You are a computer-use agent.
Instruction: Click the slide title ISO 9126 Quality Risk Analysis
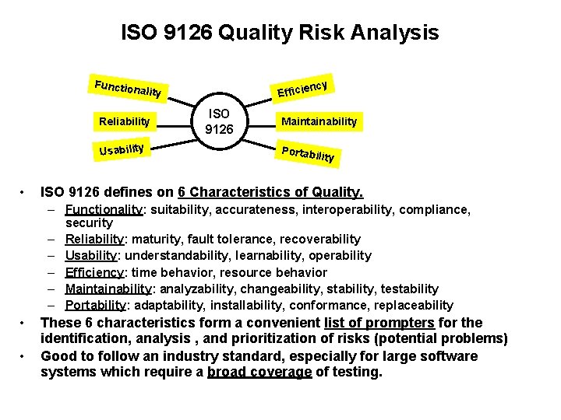280,33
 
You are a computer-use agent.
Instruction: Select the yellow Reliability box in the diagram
124,121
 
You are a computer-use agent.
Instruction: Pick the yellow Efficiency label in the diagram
306,87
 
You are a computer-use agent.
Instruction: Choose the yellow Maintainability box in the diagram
319,121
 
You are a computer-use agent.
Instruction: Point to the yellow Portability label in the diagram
308,154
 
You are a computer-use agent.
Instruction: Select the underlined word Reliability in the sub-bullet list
94,239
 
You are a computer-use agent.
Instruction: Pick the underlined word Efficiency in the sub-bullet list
94,272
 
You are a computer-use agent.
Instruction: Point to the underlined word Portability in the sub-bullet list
94,305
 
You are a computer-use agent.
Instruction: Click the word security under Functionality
89,222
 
